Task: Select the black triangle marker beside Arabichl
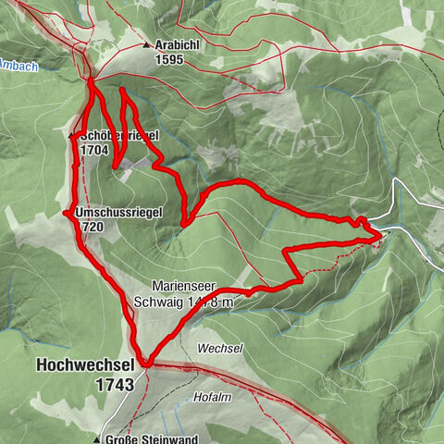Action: tap(146, 44)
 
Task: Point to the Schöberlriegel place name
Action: tap(119, 136)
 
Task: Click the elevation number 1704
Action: tap(94, 149)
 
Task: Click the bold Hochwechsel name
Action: tap(86, 365)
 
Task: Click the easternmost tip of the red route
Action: tap(381, 238)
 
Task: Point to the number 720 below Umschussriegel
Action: tap(92, 226)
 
